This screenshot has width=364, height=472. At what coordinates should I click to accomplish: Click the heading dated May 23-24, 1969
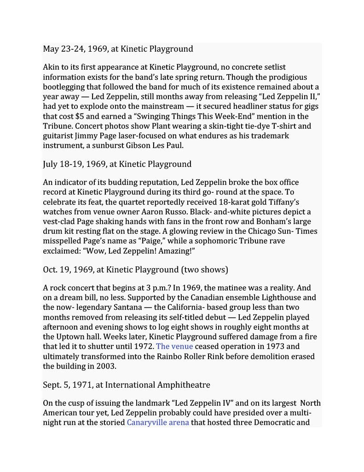pos(118,49)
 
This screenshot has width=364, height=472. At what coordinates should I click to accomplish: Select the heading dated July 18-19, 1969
pos(117,164)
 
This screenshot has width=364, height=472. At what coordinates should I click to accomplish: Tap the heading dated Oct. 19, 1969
pos(135,269)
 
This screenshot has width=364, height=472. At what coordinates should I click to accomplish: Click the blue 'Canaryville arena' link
pos(158,422)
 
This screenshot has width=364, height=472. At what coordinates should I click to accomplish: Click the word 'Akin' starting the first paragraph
pos(52,67)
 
